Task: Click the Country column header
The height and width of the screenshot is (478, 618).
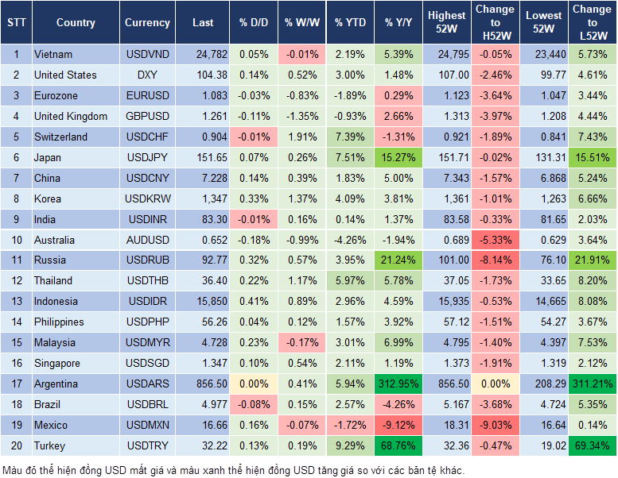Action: pos(76,23)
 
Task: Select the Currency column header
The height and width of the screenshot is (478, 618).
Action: pos(147,23)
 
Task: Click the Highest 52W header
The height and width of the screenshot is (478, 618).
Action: pos(446,22)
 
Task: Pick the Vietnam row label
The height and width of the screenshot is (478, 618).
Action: pos(53,54)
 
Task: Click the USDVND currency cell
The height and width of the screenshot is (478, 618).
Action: pos(147,54)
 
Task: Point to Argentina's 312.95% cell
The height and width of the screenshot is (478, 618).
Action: pos(396,384)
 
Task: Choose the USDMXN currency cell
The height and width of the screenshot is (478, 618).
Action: pos(147,425)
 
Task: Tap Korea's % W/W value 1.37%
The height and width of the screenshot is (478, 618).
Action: pos(302,199)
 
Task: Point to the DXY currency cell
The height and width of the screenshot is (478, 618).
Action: pos(147,75)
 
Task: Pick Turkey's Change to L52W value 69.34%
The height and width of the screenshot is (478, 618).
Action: pos(592,445)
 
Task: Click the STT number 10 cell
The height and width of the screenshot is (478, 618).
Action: pos(15,240)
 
